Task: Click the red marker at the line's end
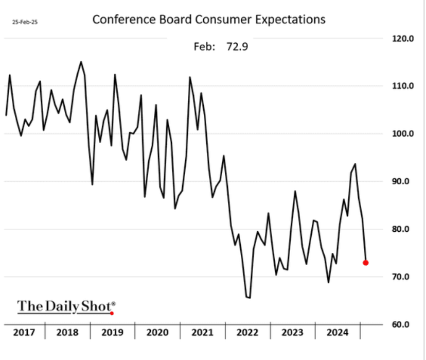point(366,263)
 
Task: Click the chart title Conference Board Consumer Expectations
point(208,20)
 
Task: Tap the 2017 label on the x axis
point(24,333)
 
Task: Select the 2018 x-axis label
point(67,333)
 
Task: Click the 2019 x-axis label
point(112,333)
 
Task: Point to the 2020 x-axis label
point(157,333)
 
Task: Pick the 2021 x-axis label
point(203,333)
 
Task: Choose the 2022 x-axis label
point(248,333)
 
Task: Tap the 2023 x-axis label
point(293,333)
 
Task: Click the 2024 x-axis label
point(338,333)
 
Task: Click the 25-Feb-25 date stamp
point(22,23)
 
